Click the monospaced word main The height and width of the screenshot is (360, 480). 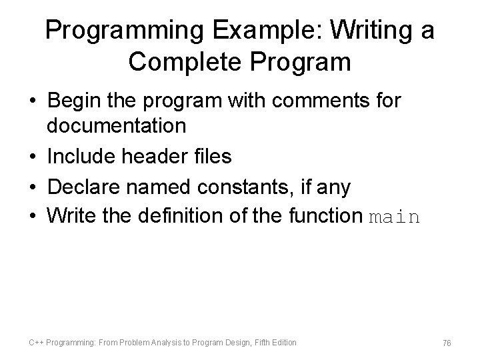pyautogui.click(x=394, y=217)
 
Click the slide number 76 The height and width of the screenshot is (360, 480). pyautogui.click(x=447, y=343)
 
